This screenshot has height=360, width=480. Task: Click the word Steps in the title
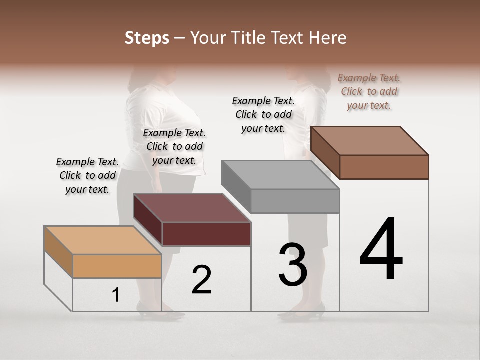tap(147, 38)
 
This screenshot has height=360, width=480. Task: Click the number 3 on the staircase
tap(293, 265)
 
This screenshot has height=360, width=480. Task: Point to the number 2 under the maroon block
tap(201, 280)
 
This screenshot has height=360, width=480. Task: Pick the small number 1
tap(116, 295)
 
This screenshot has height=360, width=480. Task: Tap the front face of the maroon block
tap(206, 234)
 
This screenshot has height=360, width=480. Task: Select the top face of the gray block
tap(280, 175)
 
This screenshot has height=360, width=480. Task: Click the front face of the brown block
tap(384, 167)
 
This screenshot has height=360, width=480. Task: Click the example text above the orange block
tap(87, 175)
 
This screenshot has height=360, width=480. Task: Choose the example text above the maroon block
tap(174, 146)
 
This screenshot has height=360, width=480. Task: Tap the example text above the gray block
tap(263, 114)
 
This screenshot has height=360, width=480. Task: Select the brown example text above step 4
tap(369, 91)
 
